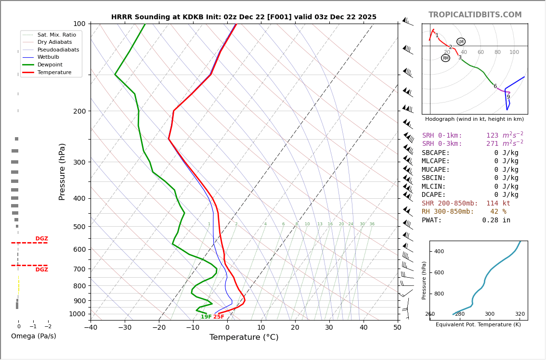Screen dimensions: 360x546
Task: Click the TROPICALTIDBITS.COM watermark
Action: point(475,15)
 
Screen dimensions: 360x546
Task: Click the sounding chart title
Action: point(244,17)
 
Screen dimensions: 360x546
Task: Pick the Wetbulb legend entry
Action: point(48,57)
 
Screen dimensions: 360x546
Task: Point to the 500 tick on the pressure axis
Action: point(79,227)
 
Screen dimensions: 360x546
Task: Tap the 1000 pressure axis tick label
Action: point(77,314)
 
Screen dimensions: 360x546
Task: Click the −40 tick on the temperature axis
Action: point(91,328)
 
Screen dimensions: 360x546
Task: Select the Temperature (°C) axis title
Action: point(244,337)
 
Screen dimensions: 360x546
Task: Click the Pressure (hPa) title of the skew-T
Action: point(62,171)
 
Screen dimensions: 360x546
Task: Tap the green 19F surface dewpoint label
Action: point(206,317)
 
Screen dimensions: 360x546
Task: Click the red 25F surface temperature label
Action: point(219,317)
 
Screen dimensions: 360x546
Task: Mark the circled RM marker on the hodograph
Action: point(445,58)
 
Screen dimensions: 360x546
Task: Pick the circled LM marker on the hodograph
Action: point(461,42)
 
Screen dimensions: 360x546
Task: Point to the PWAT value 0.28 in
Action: point(496,220)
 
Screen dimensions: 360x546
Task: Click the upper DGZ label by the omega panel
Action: point(41,239)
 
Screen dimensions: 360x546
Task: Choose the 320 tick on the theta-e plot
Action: point(520,314)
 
